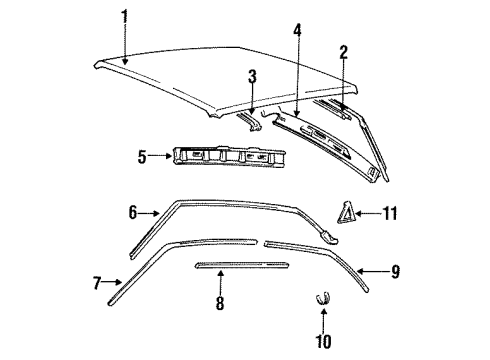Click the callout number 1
tap(125, 16)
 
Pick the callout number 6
tap(133, 212)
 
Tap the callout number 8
tap(219, 303)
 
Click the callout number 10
tap(324, 341)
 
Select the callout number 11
tap(391, 213)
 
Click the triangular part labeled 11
tap(347, 212)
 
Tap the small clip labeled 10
tap(323, 297)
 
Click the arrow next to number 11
tap(370, 213)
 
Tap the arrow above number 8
tap(219, 283)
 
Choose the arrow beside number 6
tap(150, 212)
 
